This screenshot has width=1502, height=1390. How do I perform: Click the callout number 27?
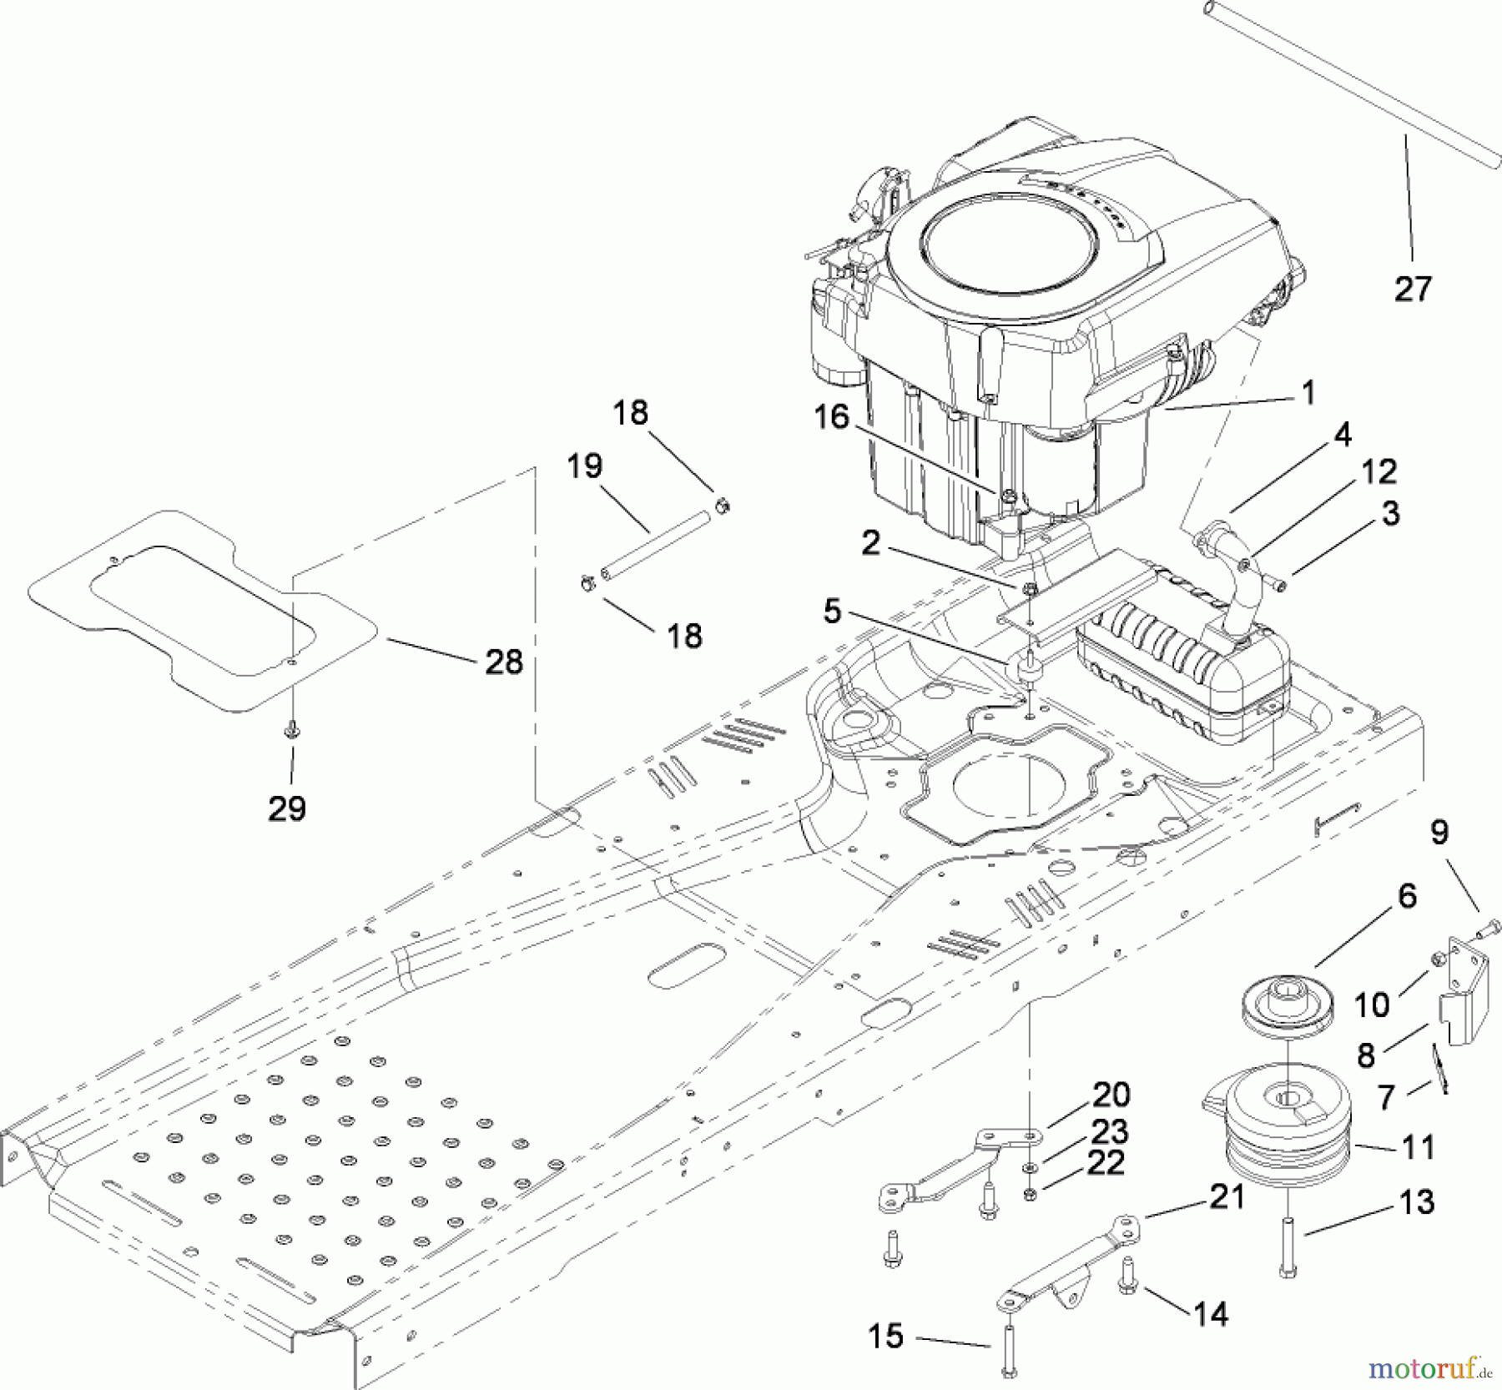click(1413, 289)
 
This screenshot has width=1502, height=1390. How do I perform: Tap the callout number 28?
click(503, 662)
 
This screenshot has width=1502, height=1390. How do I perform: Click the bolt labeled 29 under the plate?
click(292, 731)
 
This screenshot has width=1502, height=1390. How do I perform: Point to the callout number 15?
click(885, 1336)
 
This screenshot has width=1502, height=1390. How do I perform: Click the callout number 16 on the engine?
click(831, 416)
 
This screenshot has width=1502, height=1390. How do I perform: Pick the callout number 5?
click(832, 611)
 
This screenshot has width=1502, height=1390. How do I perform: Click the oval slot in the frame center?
click(687, 965)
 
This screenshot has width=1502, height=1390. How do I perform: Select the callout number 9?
click(1439, 831)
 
